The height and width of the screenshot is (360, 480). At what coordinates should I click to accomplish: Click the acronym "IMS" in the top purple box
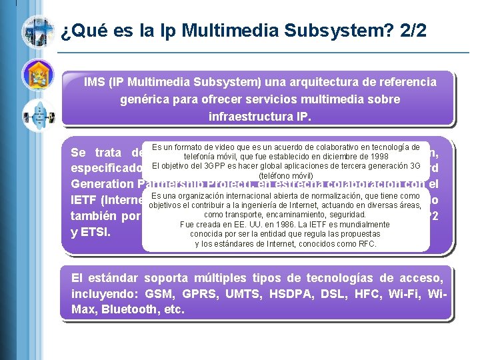coord(97,82)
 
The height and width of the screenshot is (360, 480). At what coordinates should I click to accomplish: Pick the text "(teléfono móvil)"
coord(285,175)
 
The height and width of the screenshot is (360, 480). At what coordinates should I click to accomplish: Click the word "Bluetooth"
coord(126,310)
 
